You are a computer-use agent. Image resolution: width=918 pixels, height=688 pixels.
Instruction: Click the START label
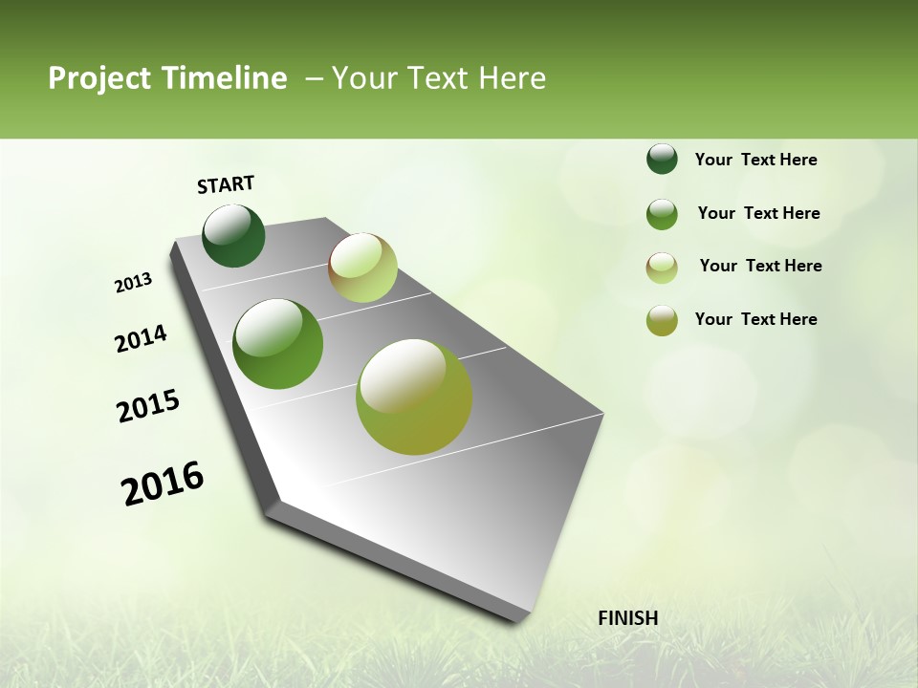point(226,184)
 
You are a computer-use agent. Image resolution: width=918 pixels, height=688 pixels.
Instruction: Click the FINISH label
point(627,618)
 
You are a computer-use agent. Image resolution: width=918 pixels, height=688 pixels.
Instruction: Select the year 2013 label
point(134,283)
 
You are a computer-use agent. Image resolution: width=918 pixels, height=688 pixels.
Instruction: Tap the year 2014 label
point(141,338)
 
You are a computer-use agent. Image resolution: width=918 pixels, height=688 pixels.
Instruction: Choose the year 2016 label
point(163,484)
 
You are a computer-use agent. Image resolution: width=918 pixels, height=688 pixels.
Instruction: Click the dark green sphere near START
point(233,236)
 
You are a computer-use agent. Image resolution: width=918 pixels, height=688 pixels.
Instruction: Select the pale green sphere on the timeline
point(362,268)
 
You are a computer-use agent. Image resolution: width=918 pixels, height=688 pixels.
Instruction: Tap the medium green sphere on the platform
point(278,344)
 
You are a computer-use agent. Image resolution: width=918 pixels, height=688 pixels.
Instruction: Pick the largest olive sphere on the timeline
point(414,397)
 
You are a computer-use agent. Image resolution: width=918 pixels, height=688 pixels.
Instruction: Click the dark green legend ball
point(662,159)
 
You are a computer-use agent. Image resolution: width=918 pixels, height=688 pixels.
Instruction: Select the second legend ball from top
point(662,214)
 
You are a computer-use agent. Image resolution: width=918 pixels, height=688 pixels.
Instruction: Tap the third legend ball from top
point(662,268)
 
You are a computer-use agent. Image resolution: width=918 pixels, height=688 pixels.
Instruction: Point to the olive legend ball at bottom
point(662,320)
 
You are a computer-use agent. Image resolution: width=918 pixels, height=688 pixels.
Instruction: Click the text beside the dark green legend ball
point(755,160)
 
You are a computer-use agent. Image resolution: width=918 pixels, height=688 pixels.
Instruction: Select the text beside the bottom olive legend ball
point(755,319)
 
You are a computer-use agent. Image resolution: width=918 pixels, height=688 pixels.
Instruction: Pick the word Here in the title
point(511,78)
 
